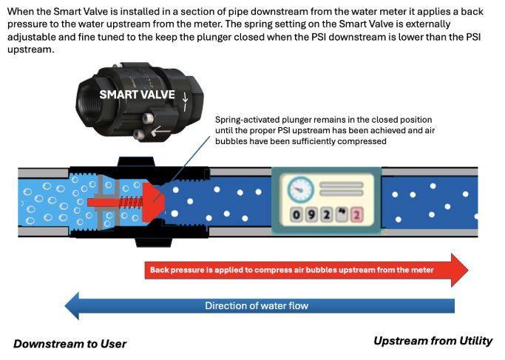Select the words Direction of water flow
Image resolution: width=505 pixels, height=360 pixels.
257,305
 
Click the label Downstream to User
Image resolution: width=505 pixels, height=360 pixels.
70,344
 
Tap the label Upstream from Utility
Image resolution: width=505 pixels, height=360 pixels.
433,341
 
